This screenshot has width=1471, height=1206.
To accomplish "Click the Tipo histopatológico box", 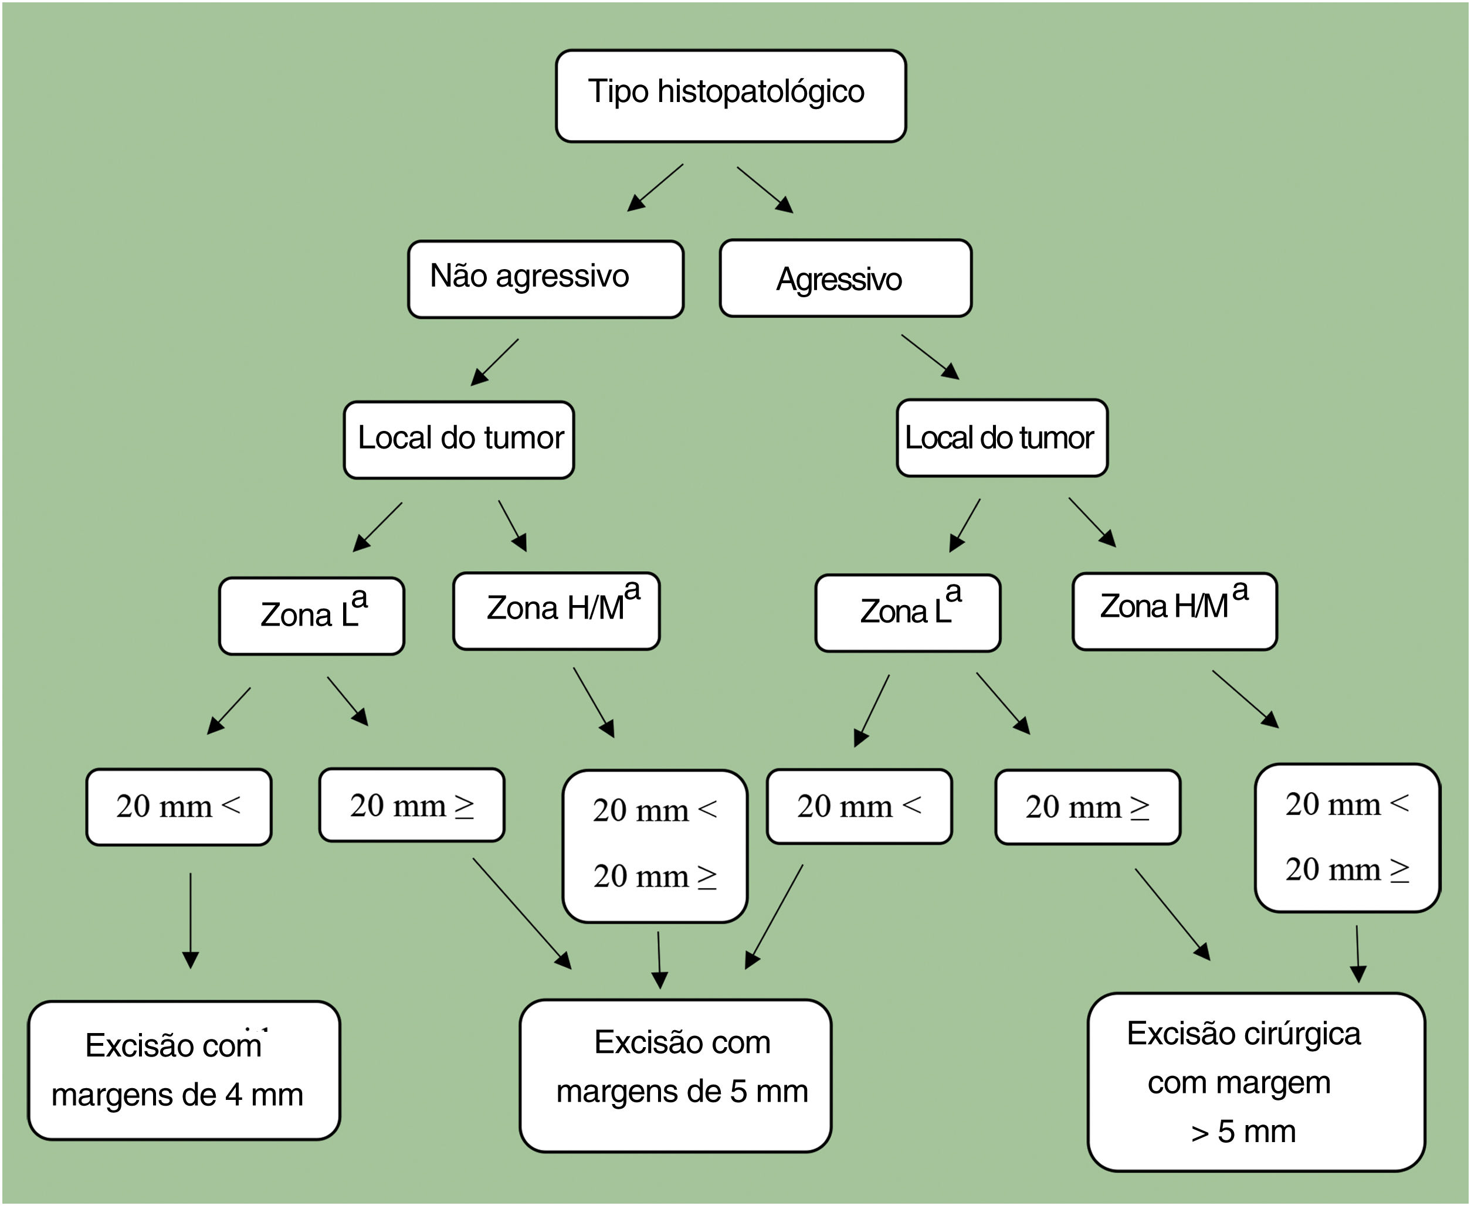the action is pyautogui.click(x=730, y=96).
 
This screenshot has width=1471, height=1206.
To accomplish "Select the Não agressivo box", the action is pyautogui.click(x=545, y=279).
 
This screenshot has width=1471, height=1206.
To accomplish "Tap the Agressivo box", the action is pyautogui.click(x=846, y=278).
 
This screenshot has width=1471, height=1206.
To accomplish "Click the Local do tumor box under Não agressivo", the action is pyautogui.click(x=459, y=440).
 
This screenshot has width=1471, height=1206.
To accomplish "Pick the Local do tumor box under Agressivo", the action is pyautogui.click(x=1002, y=437).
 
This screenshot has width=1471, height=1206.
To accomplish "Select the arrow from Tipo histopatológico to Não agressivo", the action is pyautogui.click(x=655, y=188).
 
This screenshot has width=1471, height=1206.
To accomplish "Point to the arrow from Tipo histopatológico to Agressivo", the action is pyautogui.click(x=765, y=189).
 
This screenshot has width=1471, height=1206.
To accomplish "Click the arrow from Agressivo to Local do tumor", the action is pyautogui.click(x=930, y=357).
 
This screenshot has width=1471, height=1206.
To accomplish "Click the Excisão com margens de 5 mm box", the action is pyautogui.click(x=676, y=1076).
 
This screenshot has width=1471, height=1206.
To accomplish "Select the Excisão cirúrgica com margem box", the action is pyautogui.click(x=1256, y=1082).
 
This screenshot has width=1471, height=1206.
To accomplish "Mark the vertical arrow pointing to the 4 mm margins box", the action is pyautogui.click(x=191, y=920).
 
